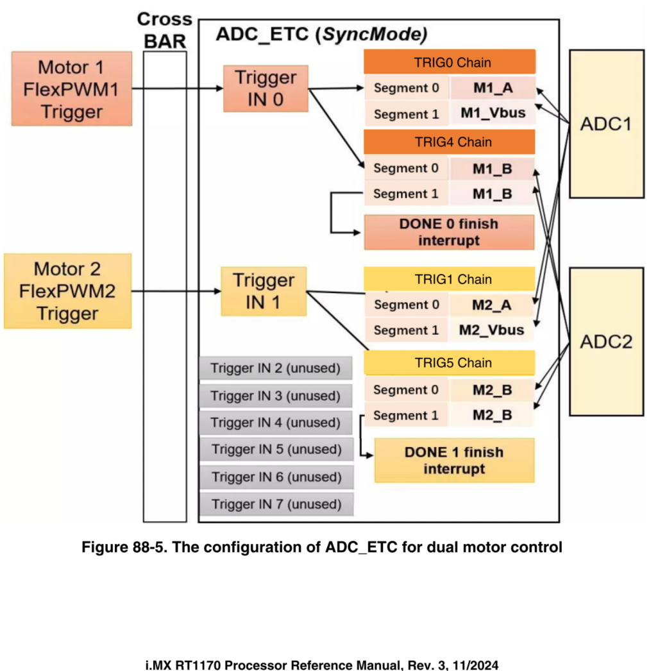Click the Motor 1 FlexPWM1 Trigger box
71,89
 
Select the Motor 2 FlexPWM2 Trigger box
67,291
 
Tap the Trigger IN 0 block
266,89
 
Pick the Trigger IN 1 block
264,291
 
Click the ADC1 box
606,124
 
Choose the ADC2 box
606,341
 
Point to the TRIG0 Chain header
450,62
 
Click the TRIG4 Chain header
450,142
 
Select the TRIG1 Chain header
450,279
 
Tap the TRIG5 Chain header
450,363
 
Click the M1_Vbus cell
493,114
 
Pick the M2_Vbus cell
492,330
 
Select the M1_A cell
493,88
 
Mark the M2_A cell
492,305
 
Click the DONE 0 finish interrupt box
449,232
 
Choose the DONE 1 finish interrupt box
454,460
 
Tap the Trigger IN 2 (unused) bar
275,368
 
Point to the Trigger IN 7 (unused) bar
276,504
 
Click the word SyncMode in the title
375,33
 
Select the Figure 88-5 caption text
322,547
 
